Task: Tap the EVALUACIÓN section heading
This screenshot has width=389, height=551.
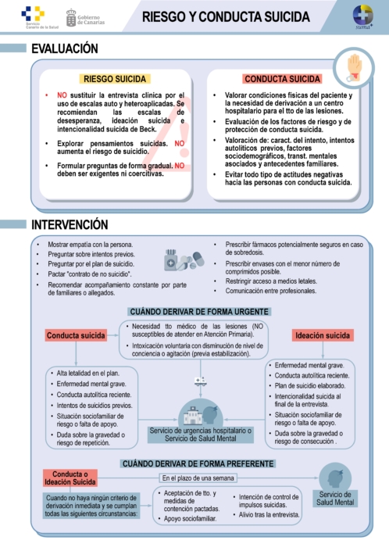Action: tap(65, 49)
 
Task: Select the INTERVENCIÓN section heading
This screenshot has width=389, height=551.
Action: tap(70, 224)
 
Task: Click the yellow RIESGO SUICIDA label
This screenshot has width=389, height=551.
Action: tap(116, 79)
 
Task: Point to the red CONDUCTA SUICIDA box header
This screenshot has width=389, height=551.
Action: tap(283, 79)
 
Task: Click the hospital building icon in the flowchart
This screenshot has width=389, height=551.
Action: tap(201, 412)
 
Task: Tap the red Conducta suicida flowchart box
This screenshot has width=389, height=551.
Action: tap(76, 335)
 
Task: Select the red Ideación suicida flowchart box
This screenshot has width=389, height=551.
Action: tap(322, 335)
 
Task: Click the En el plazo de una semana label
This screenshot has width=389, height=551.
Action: tap(198, 478)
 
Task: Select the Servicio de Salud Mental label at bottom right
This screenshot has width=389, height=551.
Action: tap(335, 498)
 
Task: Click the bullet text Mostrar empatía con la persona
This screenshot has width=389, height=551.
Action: tap(91, 245)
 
